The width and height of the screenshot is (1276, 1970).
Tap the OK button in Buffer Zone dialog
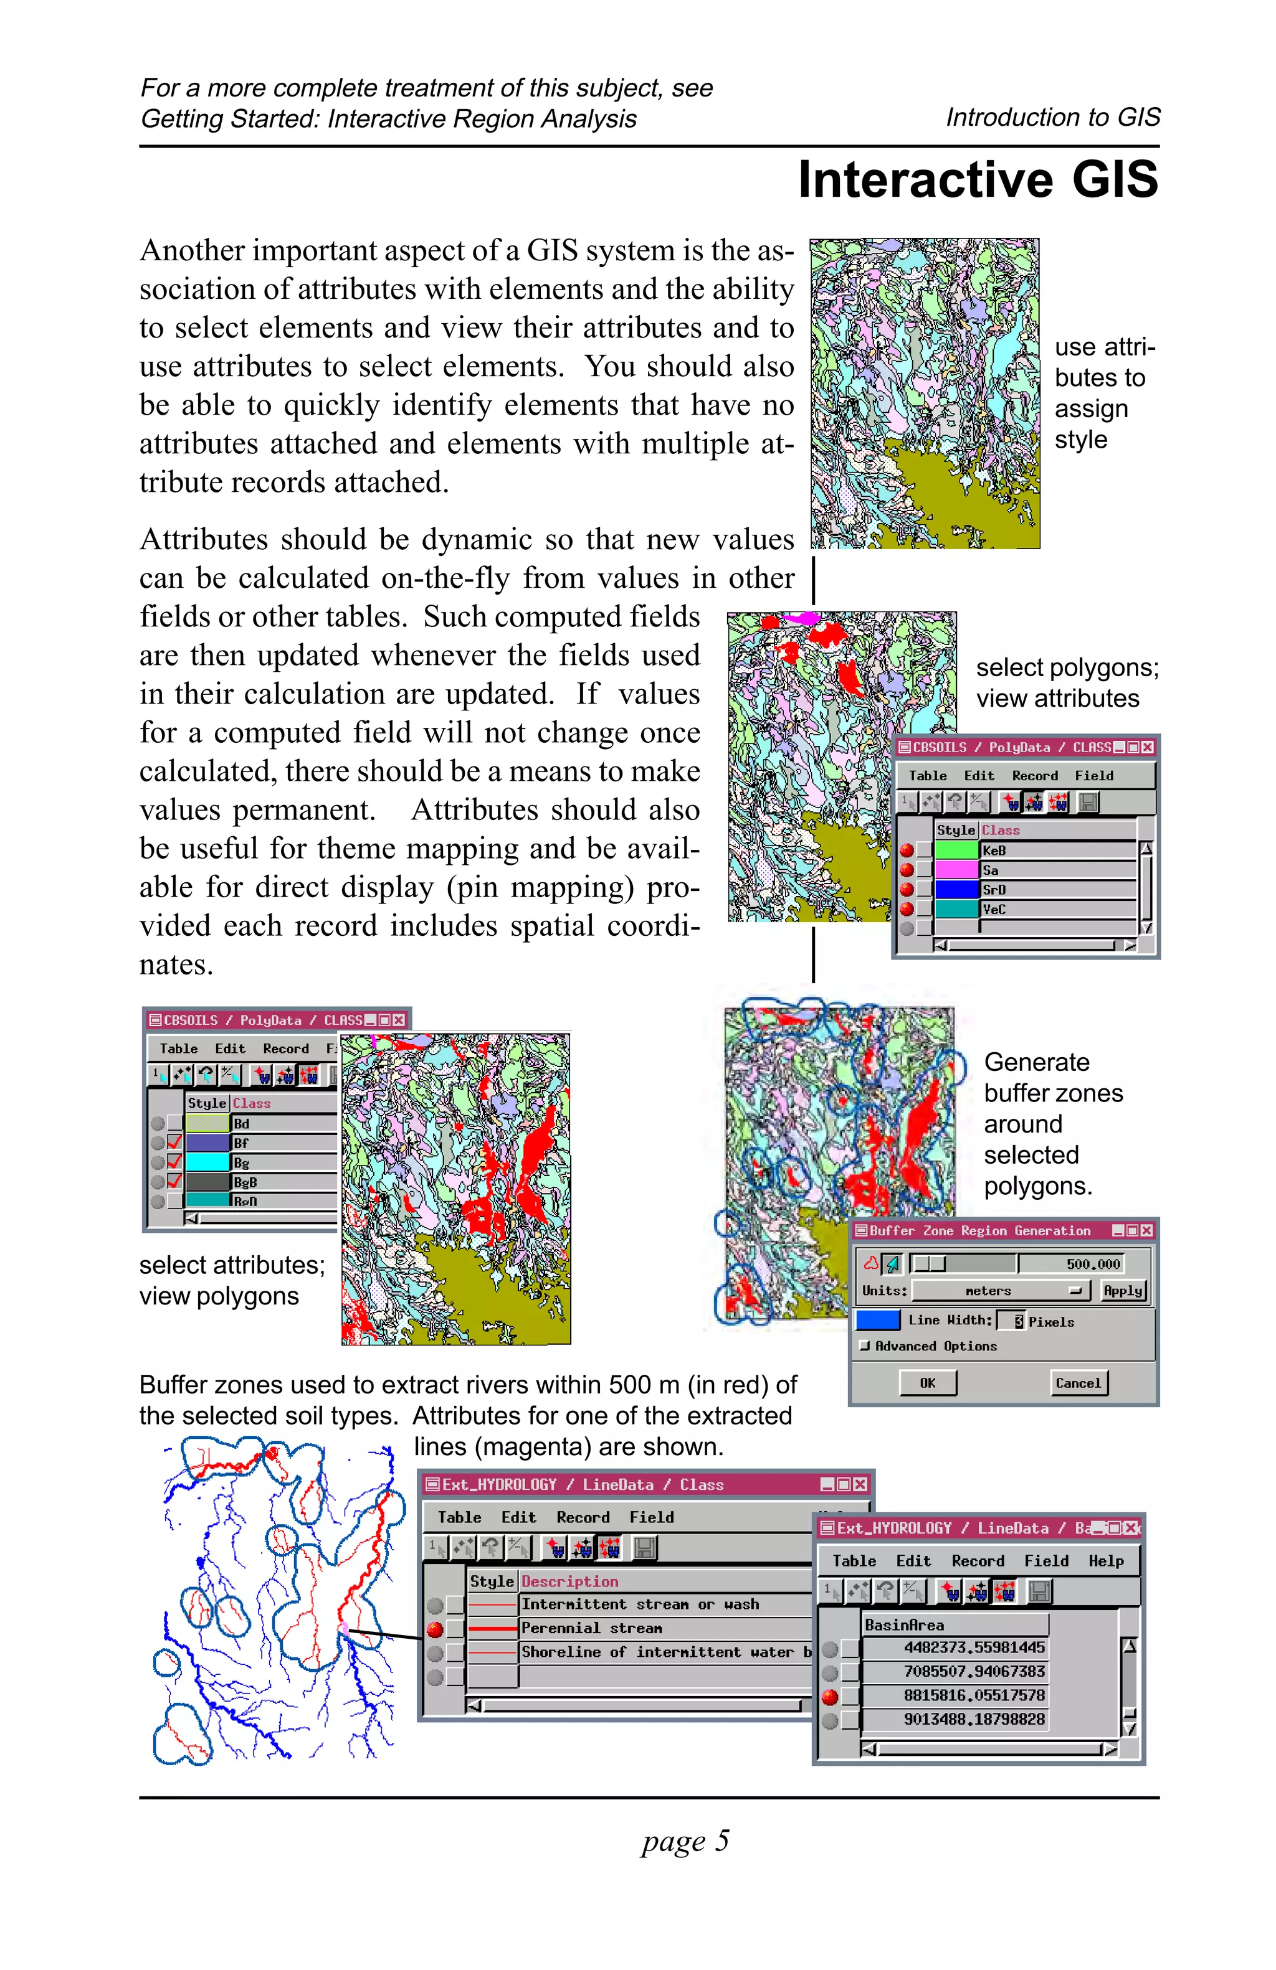click(x=927, y=1382)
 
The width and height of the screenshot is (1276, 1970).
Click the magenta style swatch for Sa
click(x=956, y=870)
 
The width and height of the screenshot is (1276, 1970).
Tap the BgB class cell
click(x=282, y=1182)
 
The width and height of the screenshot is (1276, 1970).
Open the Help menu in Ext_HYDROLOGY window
click(x=1105, y=1561)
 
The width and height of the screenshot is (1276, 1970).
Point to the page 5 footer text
click(x=685, y=1840)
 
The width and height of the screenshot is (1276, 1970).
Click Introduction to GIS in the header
click(x=1052, y=118)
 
